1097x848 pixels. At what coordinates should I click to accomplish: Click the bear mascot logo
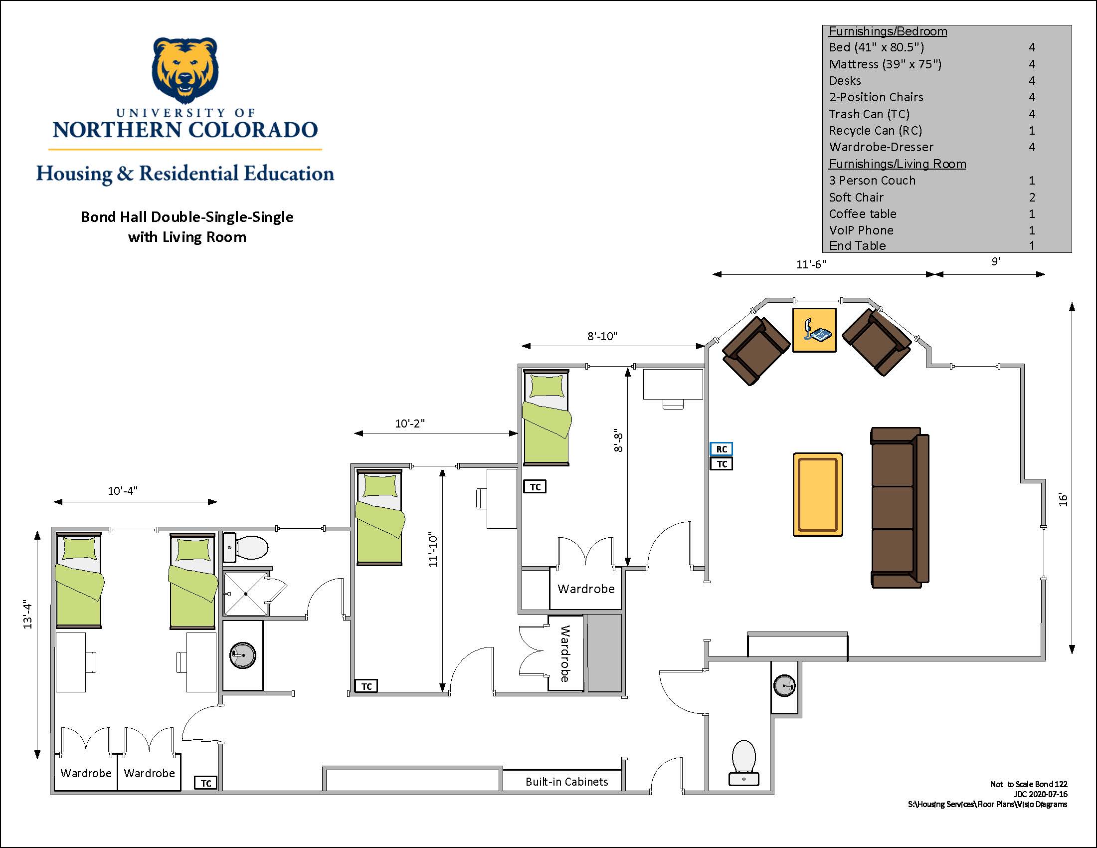point(185,70)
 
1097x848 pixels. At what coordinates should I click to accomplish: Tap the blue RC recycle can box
point(722,448)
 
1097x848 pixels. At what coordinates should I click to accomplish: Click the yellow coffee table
point(818,494)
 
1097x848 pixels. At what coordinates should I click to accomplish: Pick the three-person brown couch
point(900,507)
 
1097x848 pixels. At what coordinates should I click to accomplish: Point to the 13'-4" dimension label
point(27,615)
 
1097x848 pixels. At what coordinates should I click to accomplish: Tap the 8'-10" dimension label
point(602,336)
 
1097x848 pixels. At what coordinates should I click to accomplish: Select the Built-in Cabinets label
point(566,782)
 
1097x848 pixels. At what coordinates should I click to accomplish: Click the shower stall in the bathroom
point(246,593)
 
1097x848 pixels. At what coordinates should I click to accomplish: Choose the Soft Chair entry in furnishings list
point(856,198)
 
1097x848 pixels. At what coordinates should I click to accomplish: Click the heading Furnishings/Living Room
point(897,164)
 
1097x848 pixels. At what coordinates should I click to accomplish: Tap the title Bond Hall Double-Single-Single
point(187,217)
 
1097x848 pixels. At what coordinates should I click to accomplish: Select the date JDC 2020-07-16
point(1040,794)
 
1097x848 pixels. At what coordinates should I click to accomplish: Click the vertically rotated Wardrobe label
point(565,653)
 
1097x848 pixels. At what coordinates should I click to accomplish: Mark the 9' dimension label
point(996,261)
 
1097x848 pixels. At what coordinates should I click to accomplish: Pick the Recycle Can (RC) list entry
point(876,131)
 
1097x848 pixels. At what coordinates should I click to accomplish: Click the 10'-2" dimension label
point(410,424)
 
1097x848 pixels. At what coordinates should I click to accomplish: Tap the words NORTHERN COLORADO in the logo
point(185,130)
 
